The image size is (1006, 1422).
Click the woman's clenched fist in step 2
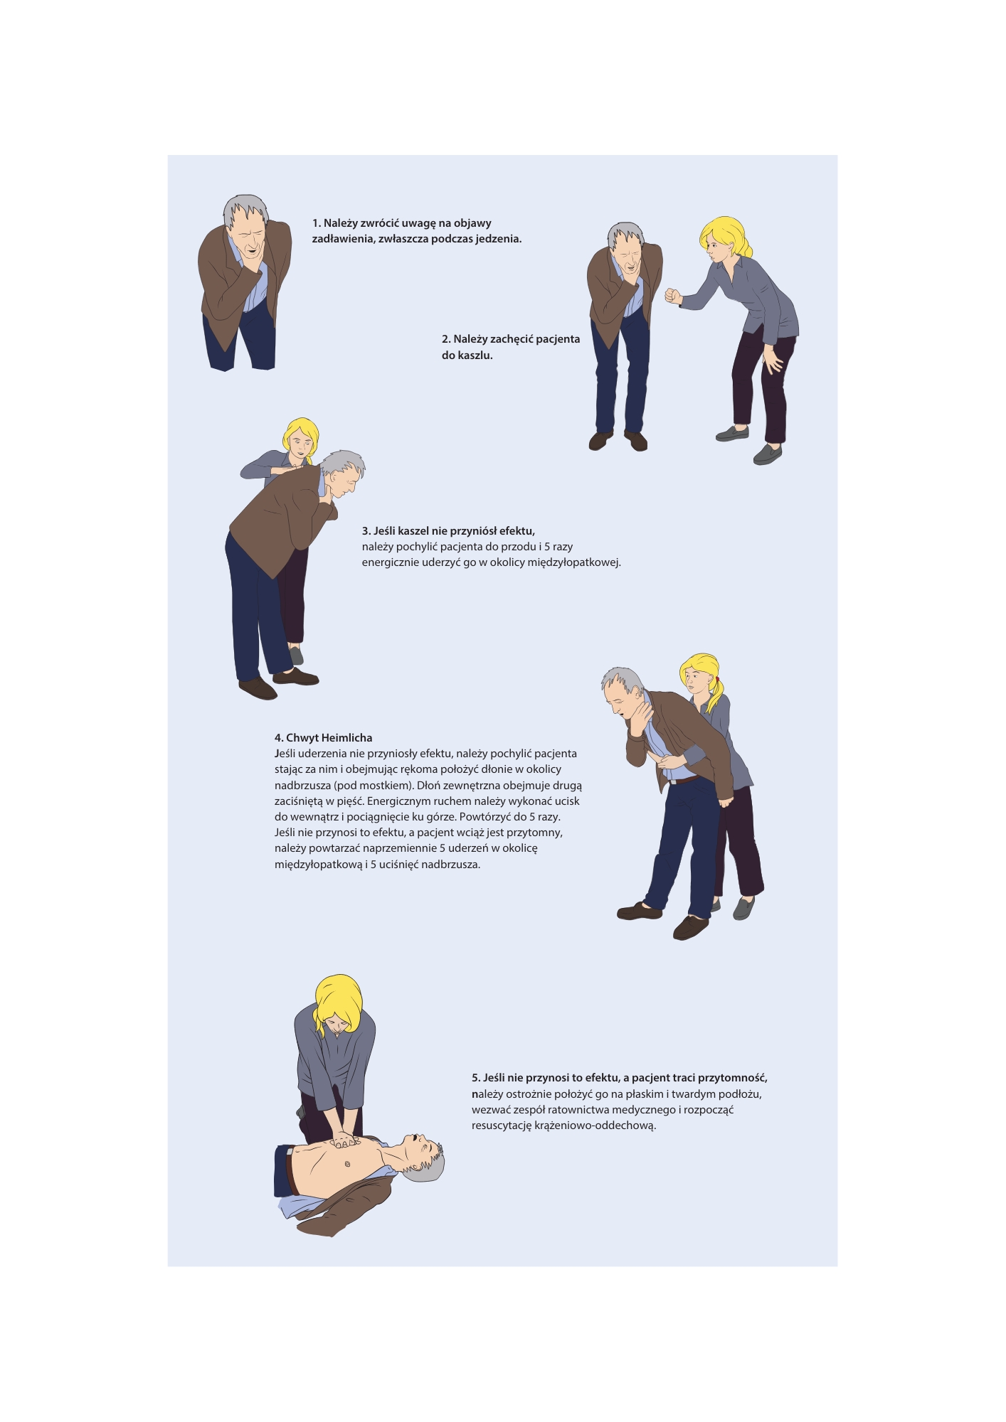[x=672, y=295]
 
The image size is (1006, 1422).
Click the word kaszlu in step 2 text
[x=475, y=355]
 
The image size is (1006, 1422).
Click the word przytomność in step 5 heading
[x=733, y=1078]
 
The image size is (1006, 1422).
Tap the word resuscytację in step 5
[x=502, y=1126]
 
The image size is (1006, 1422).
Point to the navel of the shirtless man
[x=347, y=1164]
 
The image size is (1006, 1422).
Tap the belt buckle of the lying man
[x=290, y=1149]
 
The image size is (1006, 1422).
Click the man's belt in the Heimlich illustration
[x=684, y=780]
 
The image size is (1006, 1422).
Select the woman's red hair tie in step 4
[x=718, y=679]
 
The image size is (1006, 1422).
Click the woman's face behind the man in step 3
[x=302, y=446]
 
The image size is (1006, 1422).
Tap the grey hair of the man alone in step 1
[x=246, y=208]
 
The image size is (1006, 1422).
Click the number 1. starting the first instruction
[x=317, y=223]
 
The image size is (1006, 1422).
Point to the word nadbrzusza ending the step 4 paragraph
[x=450, y=865]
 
